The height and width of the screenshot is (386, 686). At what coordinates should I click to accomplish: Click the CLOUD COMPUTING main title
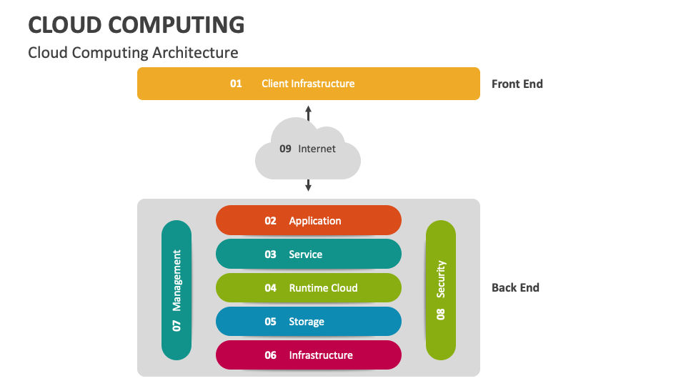136,24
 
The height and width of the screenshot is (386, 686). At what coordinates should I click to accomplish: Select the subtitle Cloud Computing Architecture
133,53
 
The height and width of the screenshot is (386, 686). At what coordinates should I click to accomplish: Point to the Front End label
517,84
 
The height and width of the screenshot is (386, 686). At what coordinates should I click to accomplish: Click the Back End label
515,287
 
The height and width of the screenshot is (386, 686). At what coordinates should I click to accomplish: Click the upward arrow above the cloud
309,112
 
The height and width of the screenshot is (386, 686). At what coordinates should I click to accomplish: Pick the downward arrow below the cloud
309,185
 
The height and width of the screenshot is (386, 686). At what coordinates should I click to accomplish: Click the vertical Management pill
177,290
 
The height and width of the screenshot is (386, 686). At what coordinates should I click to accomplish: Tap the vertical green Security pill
441,290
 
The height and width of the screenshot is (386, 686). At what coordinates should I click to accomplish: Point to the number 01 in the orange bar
236,84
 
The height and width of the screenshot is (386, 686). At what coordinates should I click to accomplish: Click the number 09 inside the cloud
285,149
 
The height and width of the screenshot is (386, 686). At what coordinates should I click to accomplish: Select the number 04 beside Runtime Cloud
270,288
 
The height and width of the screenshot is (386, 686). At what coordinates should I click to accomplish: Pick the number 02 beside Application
270,221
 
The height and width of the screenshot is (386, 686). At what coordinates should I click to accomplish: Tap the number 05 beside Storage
270,322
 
